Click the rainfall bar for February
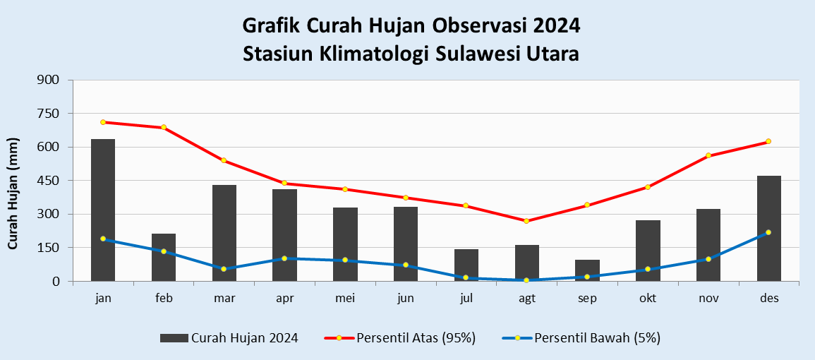point(164,258)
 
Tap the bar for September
point(587,271)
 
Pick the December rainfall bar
point(768,229)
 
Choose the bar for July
point(466,265)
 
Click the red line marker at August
point(526,221)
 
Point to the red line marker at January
point(103,122)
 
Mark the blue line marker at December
point(768,232)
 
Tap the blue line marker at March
point(224,269)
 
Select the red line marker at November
point(708,155)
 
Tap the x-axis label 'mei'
point(345,299)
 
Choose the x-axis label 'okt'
point(648,299)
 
